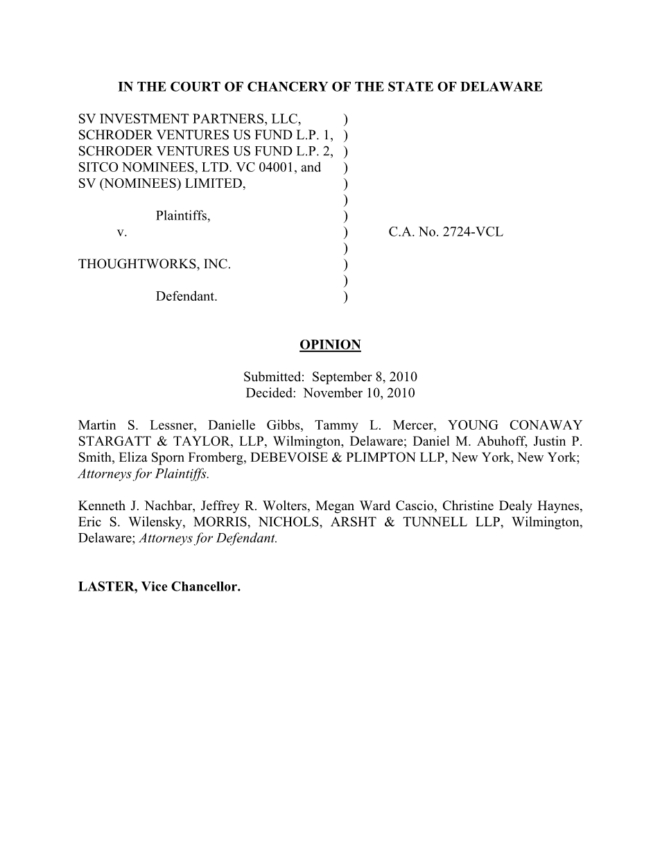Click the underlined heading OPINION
(330, 345)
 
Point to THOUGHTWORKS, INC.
(155, 264)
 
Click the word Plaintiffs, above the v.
(183, 216)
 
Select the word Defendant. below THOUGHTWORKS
(186, 297)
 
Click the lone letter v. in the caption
(122, 232)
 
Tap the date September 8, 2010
(364, 377)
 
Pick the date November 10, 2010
(359, 393)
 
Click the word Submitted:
(274, 377)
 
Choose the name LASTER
(105, 587)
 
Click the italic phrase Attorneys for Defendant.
(208, 538)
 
